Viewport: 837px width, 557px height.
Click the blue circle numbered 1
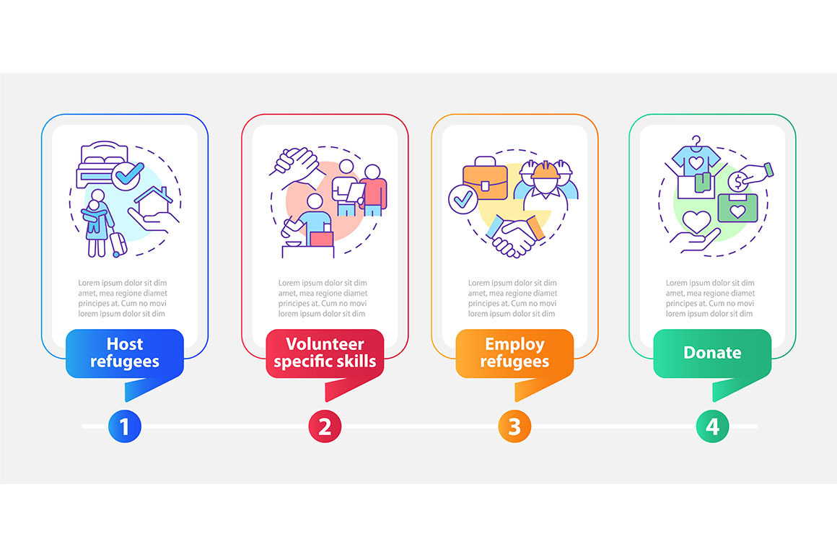pyautogui.click(x=124, y=427)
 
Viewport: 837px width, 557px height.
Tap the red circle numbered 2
pyautogui.click(x=325, y=427)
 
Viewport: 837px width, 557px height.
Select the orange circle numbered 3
pyautogui.click(x=514, y=427)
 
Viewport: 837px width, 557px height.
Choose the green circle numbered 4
pyautogui.click(x=712, y=427)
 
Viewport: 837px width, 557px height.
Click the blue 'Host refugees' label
pyautogui.click(x=125, y=353)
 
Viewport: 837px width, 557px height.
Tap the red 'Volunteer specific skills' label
pyautogui.click(x=325, y=353)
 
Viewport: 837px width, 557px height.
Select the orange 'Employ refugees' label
pyautogui.click(x=514, y=353)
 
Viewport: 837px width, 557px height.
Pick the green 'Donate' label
pyautogui.click(x=712, y=353)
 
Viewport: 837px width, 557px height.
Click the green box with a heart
pyautogui.click(x=737, y=210)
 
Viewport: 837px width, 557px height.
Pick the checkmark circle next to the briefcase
pyautogui.click(x=461, y=198)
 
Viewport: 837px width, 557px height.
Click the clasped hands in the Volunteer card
pyautogui.click(x=295, y=161)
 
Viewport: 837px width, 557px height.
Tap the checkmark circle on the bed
pyautogui.click(x=130, y=173)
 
